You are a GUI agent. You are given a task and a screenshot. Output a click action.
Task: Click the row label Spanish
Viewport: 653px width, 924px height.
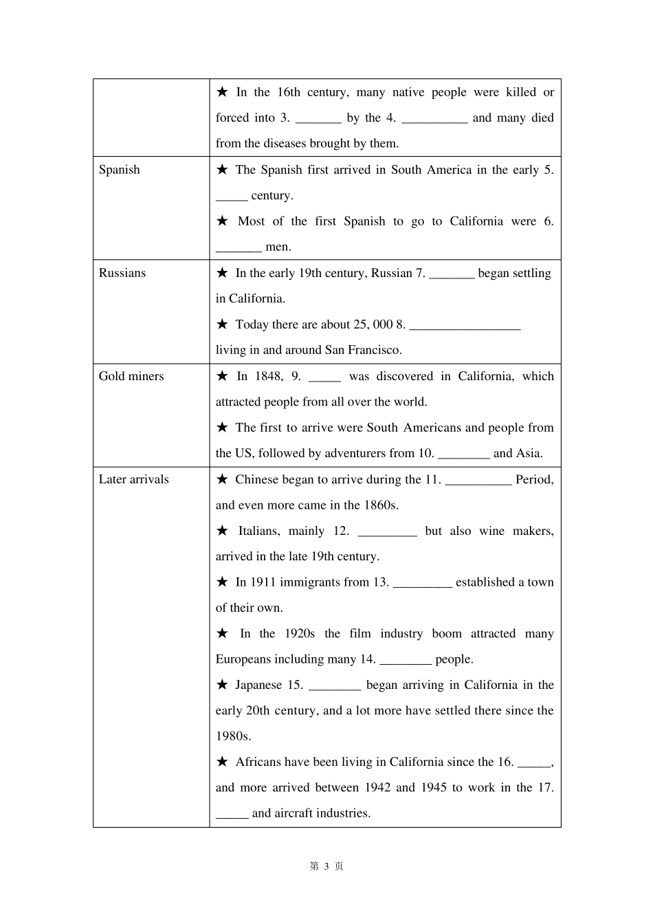(x=119, y=170)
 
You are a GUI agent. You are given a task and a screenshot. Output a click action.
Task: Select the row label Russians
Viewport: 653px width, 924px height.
(x=122, y=273)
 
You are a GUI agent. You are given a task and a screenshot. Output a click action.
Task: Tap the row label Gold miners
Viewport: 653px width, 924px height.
(x=131, y=376)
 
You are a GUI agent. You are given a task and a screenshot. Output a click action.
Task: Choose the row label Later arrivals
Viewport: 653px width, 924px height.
(x=133, y=479)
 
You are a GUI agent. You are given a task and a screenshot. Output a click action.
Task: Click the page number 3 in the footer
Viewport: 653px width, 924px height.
(x=326, y=866)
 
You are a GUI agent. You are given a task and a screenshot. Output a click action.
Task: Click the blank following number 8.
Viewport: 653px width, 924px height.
(x=464, y=326)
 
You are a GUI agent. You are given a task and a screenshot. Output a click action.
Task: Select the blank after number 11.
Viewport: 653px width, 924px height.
(x=478, y=481)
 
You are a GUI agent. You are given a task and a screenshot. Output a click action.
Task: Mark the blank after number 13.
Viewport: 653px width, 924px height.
(x=422, y=584)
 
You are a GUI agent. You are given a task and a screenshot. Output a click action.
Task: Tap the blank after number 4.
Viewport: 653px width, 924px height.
(x=434, y=119)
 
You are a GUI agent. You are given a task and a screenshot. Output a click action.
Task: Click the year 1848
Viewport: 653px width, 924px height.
(x=268, y=376)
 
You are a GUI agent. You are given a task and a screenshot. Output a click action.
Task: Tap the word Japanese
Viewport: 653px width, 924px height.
(x=258, y=685)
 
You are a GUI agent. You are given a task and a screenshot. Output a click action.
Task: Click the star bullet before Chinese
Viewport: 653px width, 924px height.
(x=222, y=479)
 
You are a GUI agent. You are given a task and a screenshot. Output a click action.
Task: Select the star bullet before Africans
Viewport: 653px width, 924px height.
(x=222, y=761)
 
